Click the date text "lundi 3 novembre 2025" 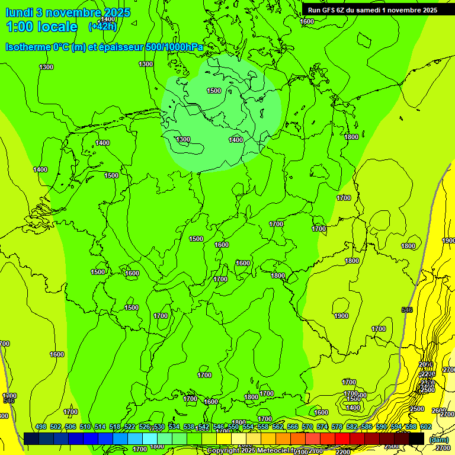click(68, 12)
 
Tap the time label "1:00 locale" click(41, 27)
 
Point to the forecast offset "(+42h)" click(102, 27)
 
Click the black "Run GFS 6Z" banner click(373, 10)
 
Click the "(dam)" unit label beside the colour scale click(438, 439)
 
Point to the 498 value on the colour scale click(41, 427)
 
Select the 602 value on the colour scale click(426, 427)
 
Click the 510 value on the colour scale click(85, 427)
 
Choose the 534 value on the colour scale click(174, 427)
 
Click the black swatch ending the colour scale click(416, 438)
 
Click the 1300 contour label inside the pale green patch click(183, 140)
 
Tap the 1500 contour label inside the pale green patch click(214, 91)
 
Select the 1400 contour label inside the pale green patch click(236, 140)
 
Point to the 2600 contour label click(438, 411)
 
